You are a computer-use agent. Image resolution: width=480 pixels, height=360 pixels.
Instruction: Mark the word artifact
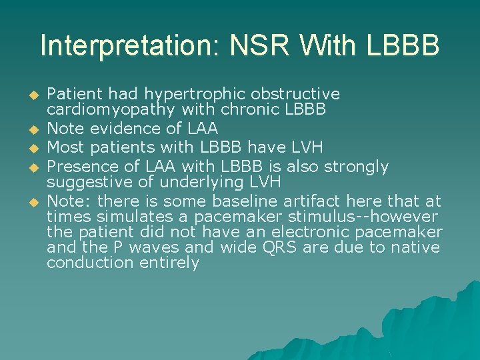[x=309, y=201]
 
